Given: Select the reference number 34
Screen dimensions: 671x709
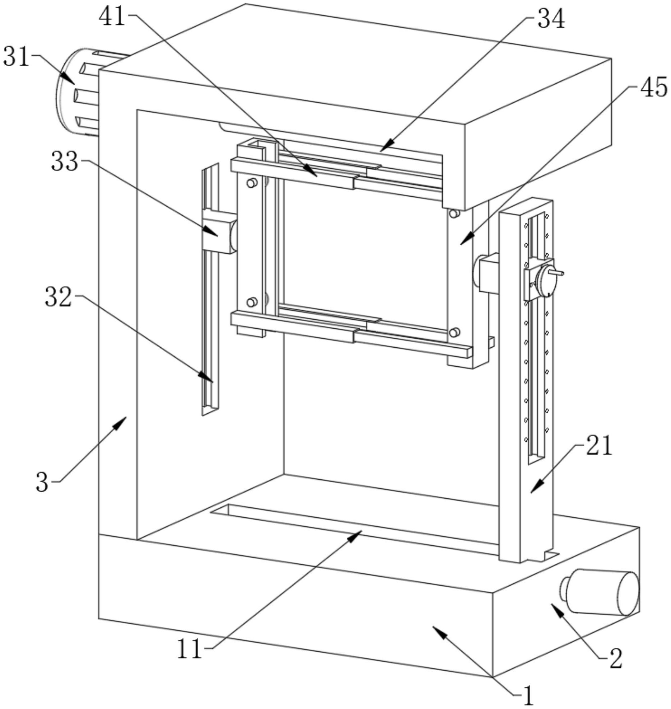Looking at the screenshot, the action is click(x=550, y=19).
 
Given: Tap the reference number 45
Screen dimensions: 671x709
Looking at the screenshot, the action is click(x=654, y=87).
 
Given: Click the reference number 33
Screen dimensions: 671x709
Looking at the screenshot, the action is click(x=65, y=161).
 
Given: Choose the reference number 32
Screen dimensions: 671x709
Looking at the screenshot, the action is click(x=59, y=297).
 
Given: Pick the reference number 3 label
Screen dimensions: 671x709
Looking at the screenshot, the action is click(x=42, y=482).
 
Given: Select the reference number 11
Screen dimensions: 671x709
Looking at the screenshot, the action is click(x=190, y=649).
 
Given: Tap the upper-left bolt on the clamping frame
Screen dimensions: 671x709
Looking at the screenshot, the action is click(x=252, y=183).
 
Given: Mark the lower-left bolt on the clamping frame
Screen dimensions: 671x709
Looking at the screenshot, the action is click(x=252, y=302).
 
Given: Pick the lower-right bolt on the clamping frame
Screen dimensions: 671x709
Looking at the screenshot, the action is click(x=455, y=332).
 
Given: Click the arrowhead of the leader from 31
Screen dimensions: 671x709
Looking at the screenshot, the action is click(x=68, y=79).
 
